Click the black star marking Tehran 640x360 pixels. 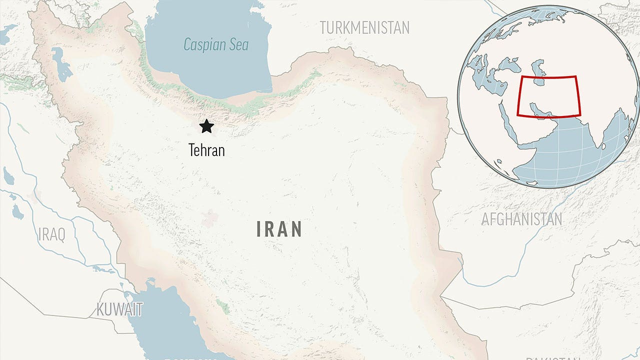pyautogui.click(x=206, y=126)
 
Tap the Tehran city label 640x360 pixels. pyautogui.click(x=206, y=150)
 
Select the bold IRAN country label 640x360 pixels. pyautogui.click(x=279, y=229)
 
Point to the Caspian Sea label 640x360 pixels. pyautogui.click(x=216, y=44)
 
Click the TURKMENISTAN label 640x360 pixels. pyautogui.click(x=364, y=27)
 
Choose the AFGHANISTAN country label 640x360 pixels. pyautogui.click(x=521, y=219)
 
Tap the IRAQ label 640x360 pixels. pyautogui.click(x=51, y=234)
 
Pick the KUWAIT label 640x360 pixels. pyautogui.click(x=119, y=309)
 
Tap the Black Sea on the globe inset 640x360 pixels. pyautogui.click(x=510, y=64)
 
